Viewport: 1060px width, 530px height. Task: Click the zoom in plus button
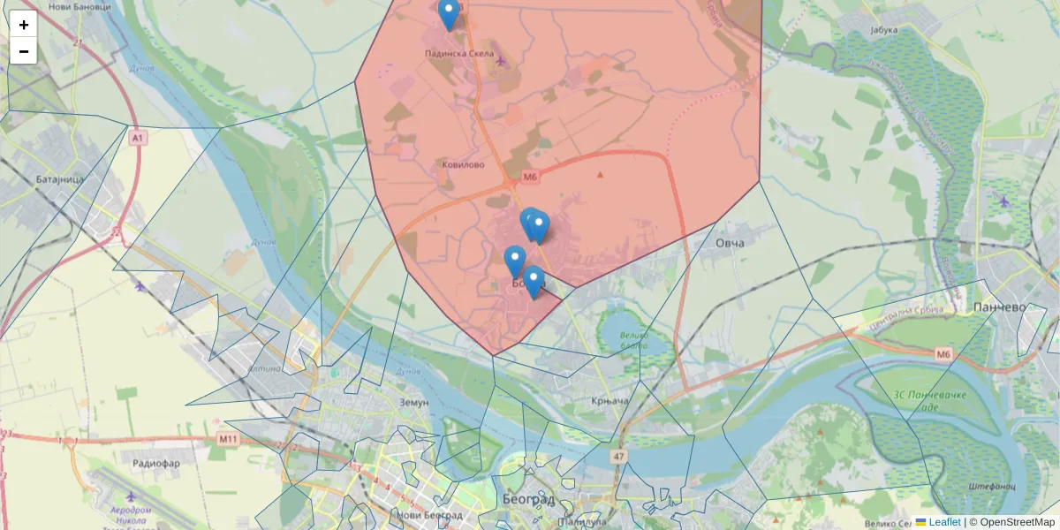[23, 25]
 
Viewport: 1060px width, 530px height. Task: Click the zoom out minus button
[23, 51]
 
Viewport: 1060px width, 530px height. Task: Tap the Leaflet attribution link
[944, 522]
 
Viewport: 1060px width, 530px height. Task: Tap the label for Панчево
[999, 307]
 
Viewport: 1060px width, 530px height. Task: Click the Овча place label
[730, 243]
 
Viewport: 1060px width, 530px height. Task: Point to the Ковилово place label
[464, 164]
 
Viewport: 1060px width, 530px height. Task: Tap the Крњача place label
[609, 402]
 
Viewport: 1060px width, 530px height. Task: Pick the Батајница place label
[60, 178]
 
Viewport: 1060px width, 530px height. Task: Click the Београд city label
[529, 500]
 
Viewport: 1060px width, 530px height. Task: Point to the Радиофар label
[155, 463]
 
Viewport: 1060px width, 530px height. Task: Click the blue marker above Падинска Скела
[449, 12]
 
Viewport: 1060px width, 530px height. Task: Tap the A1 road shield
[137, 139]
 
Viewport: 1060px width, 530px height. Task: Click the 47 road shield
[617, 457]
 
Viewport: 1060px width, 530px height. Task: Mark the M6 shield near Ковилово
[529, 178]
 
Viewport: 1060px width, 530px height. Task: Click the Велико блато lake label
[634, 340]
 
